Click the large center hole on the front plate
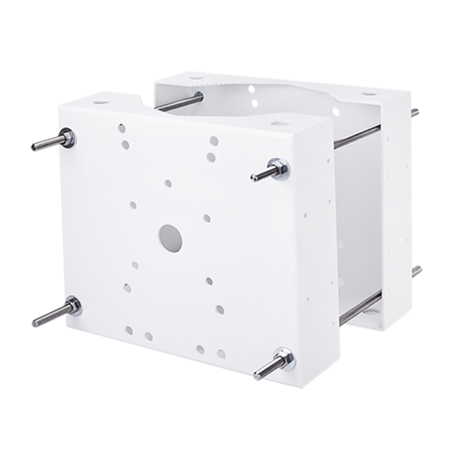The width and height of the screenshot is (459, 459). (170, 236)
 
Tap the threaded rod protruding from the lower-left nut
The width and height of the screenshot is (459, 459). (46, 317)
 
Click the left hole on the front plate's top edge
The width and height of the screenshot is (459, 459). (100, 98)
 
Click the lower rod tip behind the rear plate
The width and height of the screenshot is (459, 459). (418, 272)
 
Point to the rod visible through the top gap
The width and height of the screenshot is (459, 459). (177, 103)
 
